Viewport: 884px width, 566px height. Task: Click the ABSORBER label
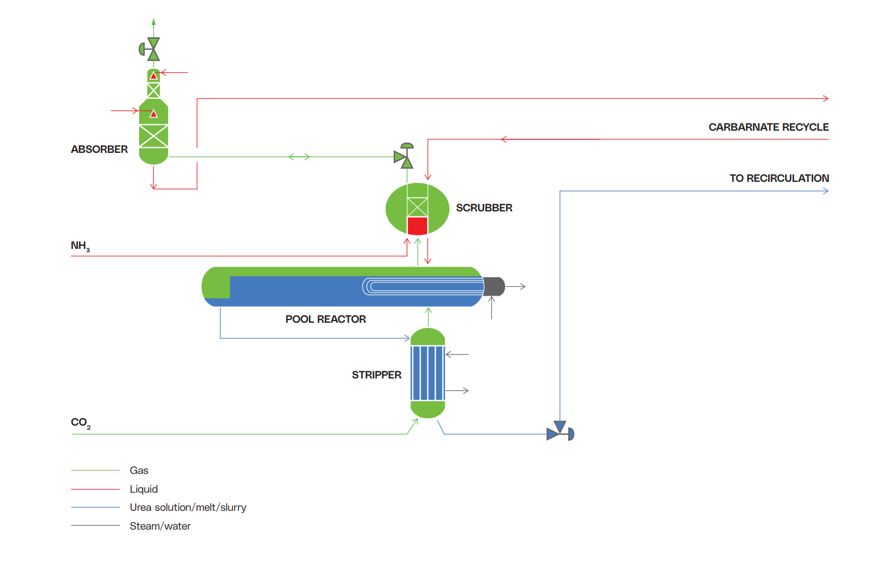(x=99, y=149)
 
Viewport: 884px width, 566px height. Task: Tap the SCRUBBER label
(x=484, y=208)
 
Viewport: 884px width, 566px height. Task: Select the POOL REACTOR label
(x=326, y=319)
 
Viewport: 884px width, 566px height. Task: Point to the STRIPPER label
(x=376, y=375)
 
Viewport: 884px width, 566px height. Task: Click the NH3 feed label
(x=80, y=246)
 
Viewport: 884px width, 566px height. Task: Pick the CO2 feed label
(x=81, y=423)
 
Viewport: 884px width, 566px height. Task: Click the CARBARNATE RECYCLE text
(x=768, y=127)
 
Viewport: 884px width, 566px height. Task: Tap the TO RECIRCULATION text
(x=779, y=178)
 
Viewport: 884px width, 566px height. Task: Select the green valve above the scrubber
(x=405, y=157)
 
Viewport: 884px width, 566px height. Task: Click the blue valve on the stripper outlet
(x=560, y=432)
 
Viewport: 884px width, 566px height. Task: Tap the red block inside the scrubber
(x=417, y=226)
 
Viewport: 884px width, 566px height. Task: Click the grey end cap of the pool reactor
(x=494, y=286)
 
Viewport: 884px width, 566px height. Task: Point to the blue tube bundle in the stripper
(x=428, y=373)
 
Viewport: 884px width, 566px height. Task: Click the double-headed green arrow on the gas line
(x=299, y=157)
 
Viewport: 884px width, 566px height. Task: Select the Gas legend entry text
(x=139, y=471)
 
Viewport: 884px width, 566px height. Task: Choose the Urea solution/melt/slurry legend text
(x=187, y=507)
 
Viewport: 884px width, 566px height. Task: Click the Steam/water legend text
(x=160, y=526)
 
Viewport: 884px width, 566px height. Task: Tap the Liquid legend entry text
(x=143, y=489)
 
